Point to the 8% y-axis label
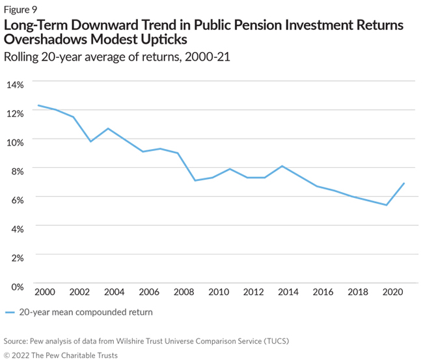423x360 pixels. click(16, 171)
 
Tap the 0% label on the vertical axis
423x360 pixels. click(16, 286)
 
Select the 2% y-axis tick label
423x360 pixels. click(16, 257)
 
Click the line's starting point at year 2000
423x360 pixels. click(38, 105)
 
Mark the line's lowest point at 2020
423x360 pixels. click(387, 205)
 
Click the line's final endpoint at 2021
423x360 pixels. click(404, 183)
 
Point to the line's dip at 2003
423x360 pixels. click(90, 141)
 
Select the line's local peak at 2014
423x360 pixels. click(282, 166)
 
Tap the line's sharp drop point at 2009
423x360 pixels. click(195, 180)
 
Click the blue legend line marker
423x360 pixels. click(10, 312)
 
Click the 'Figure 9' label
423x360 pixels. click(21, 9)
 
